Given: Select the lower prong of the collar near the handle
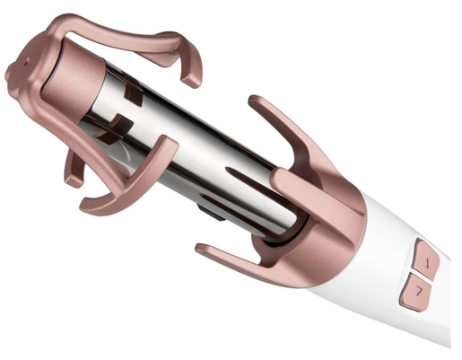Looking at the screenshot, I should tap(224, 254).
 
